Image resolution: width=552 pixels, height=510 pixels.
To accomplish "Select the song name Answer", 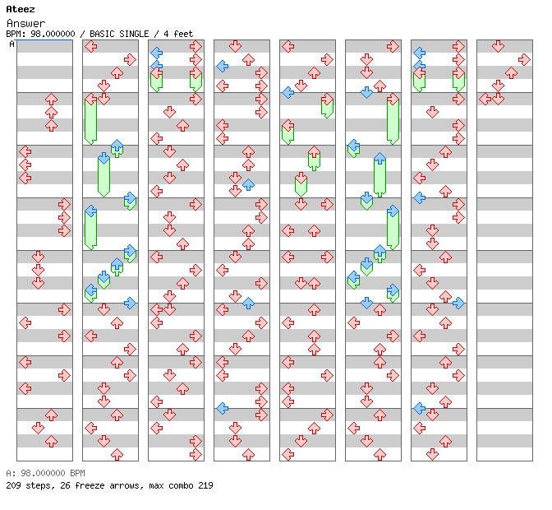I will [x=25, y=23].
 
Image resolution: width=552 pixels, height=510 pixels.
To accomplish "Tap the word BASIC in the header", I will [x=107, y=34].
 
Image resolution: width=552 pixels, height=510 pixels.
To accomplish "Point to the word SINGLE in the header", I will [x=140, y=34].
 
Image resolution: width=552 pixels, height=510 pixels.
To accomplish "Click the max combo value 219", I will [x=205, y=485].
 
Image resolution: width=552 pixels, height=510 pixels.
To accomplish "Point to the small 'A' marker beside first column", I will [x=12, y=44].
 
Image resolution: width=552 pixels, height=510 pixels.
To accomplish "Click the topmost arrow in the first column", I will [x=51, y=99].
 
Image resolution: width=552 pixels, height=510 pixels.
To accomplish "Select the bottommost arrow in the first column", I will [x=51, y=441].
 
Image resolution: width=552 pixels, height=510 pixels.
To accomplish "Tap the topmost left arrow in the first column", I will [x=25, y=151].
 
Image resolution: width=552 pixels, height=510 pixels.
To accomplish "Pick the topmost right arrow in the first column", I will [x=64, y=204].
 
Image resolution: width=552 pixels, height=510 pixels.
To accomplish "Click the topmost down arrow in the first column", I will [x=38, y=257].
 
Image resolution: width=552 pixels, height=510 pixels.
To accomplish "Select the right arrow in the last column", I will [x=524, y=59].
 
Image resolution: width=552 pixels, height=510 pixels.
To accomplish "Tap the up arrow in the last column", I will [x=511, y=72].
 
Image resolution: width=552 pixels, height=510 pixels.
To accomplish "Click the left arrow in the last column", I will [x=485, y=99].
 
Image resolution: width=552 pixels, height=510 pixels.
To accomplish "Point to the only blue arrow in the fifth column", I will [x=287, y=92].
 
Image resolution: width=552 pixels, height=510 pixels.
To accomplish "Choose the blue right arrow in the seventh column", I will [x=458, y=303].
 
